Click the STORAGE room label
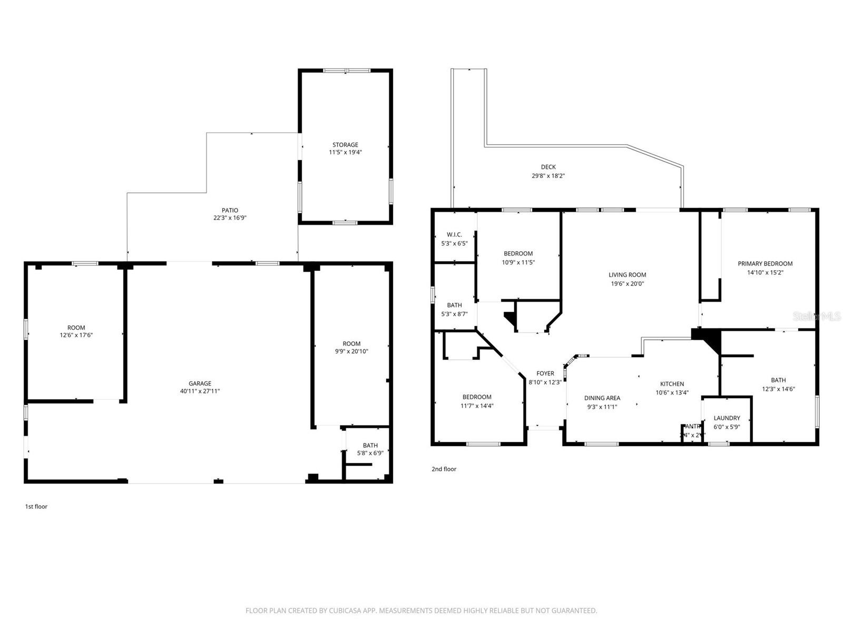345,145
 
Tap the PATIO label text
230,210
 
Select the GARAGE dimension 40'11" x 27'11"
200,391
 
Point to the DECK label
548,167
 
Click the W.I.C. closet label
454,234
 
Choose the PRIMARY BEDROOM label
765,264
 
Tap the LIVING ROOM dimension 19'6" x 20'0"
627,283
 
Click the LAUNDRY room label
727,418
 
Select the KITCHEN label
672,384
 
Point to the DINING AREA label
602,398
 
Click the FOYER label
545,373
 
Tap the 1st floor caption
36,507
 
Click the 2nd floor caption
444,469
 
